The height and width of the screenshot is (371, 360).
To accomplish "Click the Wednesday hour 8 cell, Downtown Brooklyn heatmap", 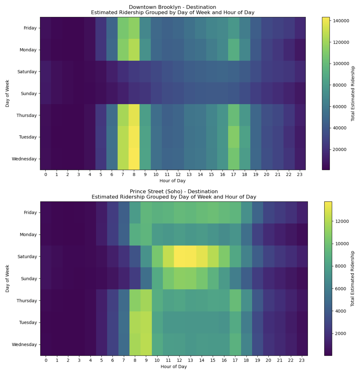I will click(134, 159).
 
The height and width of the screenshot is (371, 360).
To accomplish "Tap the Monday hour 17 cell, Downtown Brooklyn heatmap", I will click(234, 50).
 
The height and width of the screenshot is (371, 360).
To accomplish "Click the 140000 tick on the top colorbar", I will click(341, 21).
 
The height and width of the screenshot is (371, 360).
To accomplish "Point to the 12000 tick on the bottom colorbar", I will click(341, 221).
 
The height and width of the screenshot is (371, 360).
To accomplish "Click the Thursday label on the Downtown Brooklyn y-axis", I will click(27, 115).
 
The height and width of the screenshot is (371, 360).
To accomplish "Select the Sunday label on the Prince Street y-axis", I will click(29, 279).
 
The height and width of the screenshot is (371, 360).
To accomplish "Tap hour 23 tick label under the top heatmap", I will click(300, 174).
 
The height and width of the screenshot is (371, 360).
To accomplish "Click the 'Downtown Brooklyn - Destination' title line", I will click(172, 7).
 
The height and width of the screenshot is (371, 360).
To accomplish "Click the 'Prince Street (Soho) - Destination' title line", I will click(174, 191).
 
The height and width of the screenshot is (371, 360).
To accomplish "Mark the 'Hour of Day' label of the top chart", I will click(172, 181).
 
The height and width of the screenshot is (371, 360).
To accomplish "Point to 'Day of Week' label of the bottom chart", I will click(7, 279).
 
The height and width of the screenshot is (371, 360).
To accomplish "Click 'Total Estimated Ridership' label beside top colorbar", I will click(353, 93).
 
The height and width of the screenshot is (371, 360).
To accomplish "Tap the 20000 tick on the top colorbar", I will click(341, 149).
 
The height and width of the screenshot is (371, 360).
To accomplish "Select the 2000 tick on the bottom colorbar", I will click(339, 333).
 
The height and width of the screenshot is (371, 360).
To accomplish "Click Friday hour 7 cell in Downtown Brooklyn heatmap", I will click(123, 28).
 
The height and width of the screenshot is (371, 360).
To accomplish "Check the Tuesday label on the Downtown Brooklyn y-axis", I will click(28, 137).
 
